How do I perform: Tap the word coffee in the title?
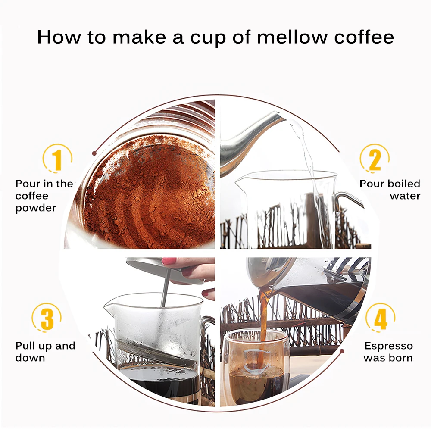pos(364,37)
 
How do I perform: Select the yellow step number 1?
pos(57,159)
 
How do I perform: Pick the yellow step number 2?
pos(375,159)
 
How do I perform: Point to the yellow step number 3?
pos(47,319)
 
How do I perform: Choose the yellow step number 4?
pos(381,319)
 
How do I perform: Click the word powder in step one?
pos(36,208)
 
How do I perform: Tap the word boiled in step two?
pos(404,184)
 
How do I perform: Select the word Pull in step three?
pos(25,346)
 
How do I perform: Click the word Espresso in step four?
pos(389,346)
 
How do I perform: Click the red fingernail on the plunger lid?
pos(169,261)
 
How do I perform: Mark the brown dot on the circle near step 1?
pos(94,153)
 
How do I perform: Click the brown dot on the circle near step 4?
pos(342,351)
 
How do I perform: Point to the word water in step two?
pos(405,196)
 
